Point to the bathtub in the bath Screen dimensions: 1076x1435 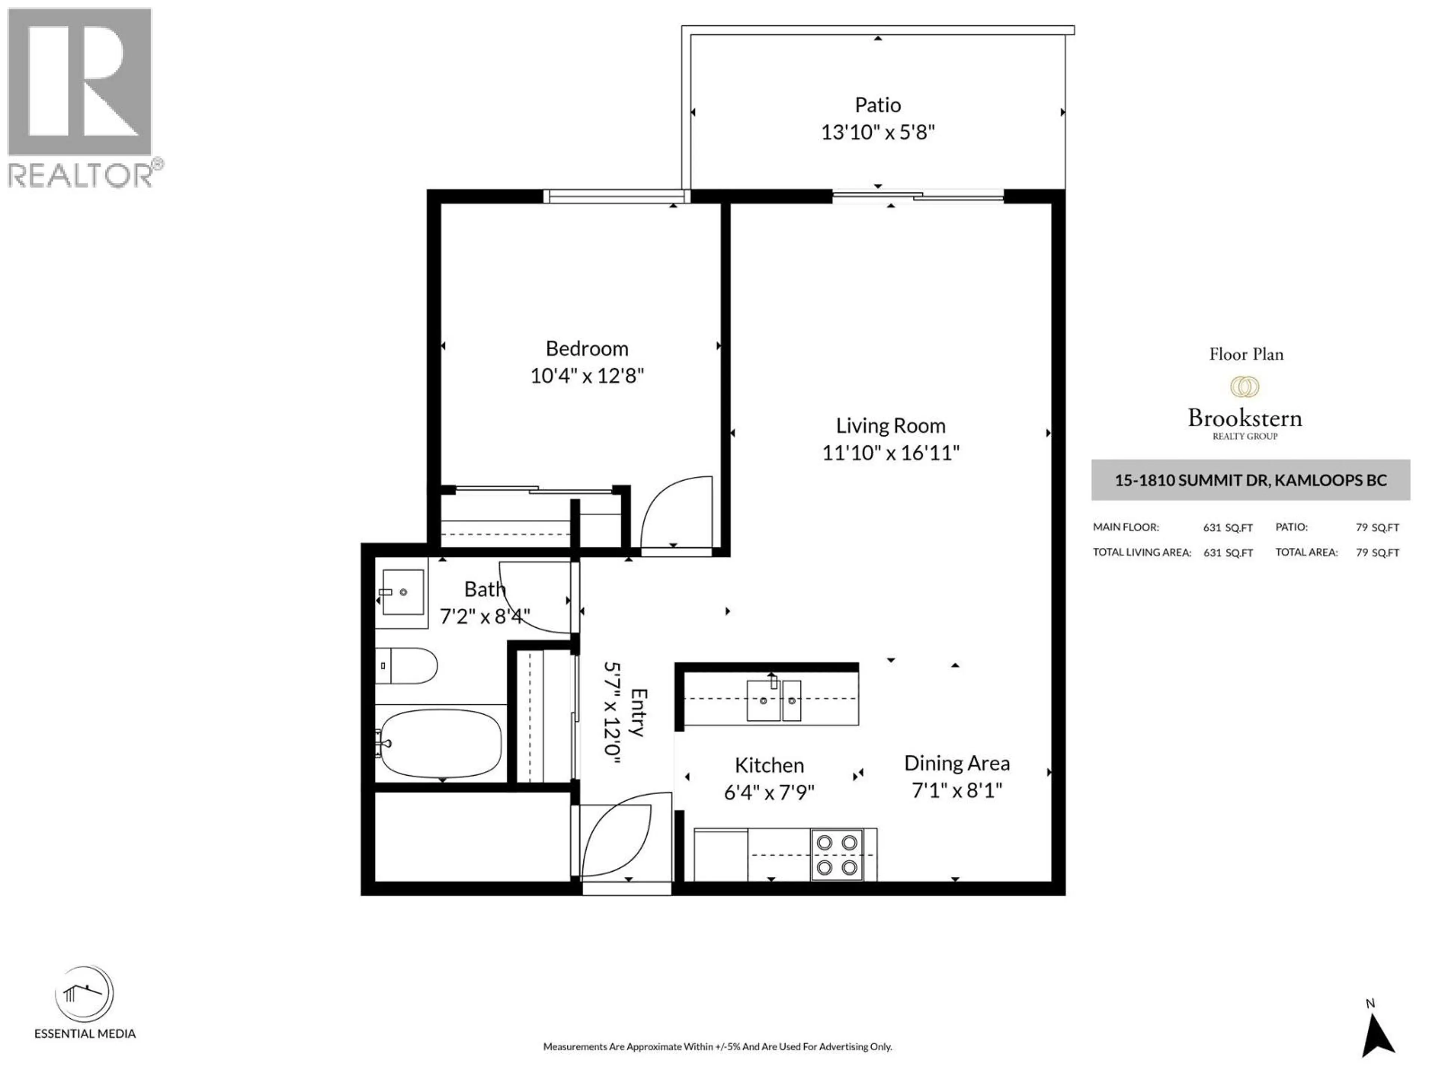tap(440, 743)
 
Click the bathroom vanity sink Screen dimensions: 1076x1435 tap(403, 591)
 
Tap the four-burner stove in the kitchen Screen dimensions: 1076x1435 tap(836, 855)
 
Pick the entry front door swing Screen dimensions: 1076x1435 tap(616, 840)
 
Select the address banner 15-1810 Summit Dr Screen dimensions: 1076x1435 tap(1250, 480)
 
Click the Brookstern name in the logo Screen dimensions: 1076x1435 tap(1244, 418)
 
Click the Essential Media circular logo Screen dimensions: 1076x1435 tap(84, 994)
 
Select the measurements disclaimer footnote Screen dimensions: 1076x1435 tap(717, 1046)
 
